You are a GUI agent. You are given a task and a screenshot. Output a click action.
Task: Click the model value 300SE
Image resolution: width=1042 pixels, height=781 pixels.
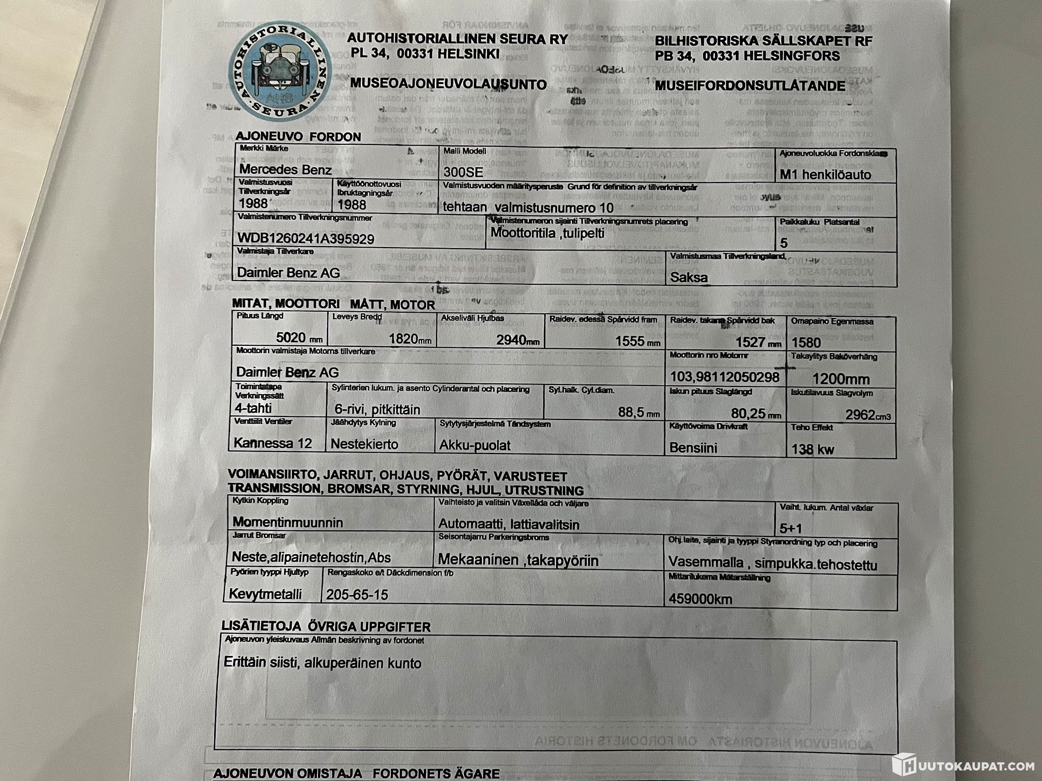tap(463, 173)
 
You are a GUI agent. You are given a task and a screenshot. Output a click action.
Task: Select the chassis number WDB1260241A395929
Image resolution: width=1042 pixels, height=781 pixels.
tap(306, 238)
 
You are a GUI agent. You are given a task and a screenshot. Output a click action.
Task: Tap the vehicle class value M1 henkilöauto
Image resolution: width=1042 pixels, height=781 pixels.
tap(825, 175)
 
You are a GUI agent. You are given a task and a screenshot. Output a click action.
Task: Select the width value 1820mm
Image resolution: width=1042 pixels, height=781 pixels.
tap(410, 339)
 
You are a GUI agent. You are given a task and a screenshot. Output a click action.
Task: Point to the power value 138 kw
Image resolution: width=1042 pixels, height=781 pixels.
tap(813, 449)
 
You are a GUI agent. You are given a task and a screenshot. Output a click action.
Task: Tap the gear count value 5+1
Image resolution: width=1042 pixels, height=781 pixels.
tap(791, 528)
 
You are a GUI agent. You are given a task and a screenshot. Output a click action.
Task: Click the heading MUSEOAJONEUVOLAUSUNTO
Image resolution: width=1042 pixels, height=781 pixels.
tap(448, 84)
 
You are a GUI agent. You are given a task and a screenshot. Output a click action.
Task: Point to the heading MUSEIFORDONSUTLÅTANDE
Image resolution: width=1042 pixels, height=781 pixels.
tap(749, 85)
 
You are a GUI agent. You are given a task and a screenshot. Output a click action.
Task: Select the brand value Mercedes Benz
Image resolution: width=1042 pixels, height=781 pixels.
tap(285, 169)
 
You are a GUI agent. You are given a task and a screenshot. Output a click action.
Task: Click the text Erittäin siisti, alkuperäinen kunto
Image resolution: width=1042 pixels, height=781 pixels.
tap(322, 663)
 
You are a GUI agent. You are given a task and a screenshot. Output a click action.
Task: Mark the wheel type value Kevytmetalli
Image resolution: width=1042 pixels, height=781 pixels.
tap(265, 593)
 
